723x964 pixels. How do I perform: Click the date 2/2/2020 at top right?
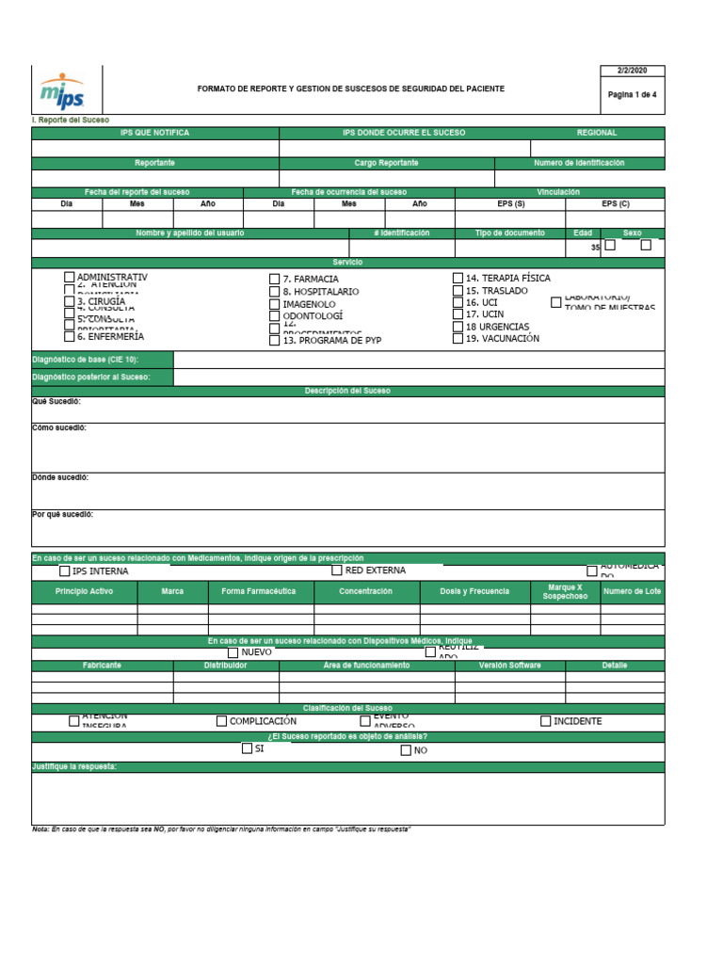(632, 71)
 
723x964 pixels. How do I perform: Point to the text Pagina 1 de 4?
(632, 95)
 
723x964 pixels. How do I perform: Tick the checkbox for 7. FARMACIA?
(275, 280)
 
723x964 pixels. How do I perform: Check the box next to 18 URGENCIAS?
(458, 327)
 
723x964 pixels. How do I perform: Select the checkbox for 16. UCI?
(458, 302)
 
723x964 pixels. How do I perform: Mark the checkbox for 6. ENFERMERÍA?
(70, 336)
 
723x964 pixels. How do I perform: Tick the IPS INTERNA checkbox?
(65, 570)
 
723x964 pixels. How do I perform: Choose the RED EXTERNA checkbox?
(337, 570)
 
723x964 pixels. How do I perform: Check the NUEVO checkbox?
(233, 651)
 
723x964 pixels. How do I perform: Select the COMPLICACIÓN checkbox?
(222, 721)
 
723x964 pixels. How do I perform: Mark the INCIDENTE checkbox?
(545, 721)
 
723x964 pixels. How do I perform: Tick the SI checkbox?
(247, 748)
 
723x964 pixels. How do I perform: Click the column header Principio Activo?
(84, 591)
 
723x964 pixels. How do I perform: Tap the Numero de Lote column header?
(632, 591)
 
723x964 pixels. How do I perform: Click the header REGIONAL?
(597, 133)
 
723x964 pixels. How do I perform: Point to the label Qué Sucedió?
(56, 402)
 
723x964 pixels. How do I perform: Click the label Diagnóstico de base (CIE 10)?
(86, 360)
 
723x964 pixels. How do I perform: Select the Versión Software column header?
(509, 666)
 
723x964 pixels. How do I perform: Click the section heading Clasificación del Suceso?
(347, 708)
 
